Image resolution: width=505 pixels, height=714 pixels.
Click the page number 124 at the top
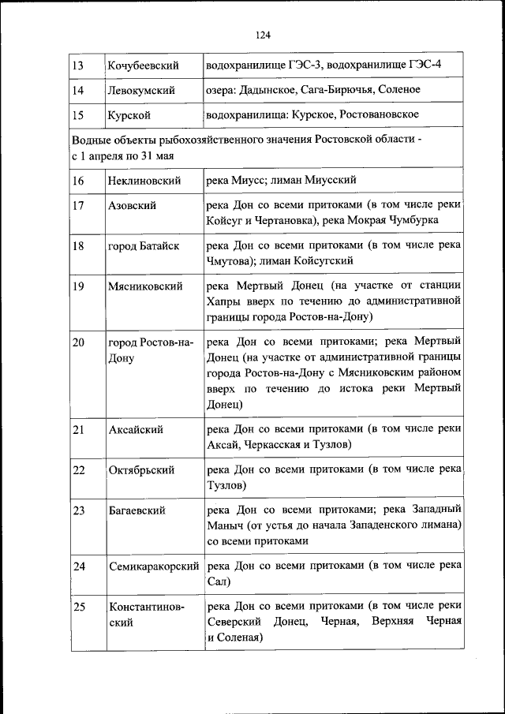[264, 34]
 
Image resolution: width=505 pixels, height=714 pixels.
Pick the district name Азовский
[132, 205]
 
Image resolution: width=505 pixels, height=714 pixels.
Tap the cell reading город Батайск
[144, 245]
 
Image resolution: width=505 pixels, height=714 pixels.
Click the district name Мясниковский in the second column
[145, 286]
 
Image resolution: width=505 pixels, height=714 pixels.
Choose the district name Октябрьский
[141, 470]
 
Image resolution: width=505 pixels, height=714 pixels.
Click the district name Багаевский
[137, 510]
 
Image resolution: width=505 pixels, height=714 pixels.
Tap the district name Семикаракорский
[154, 566]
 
